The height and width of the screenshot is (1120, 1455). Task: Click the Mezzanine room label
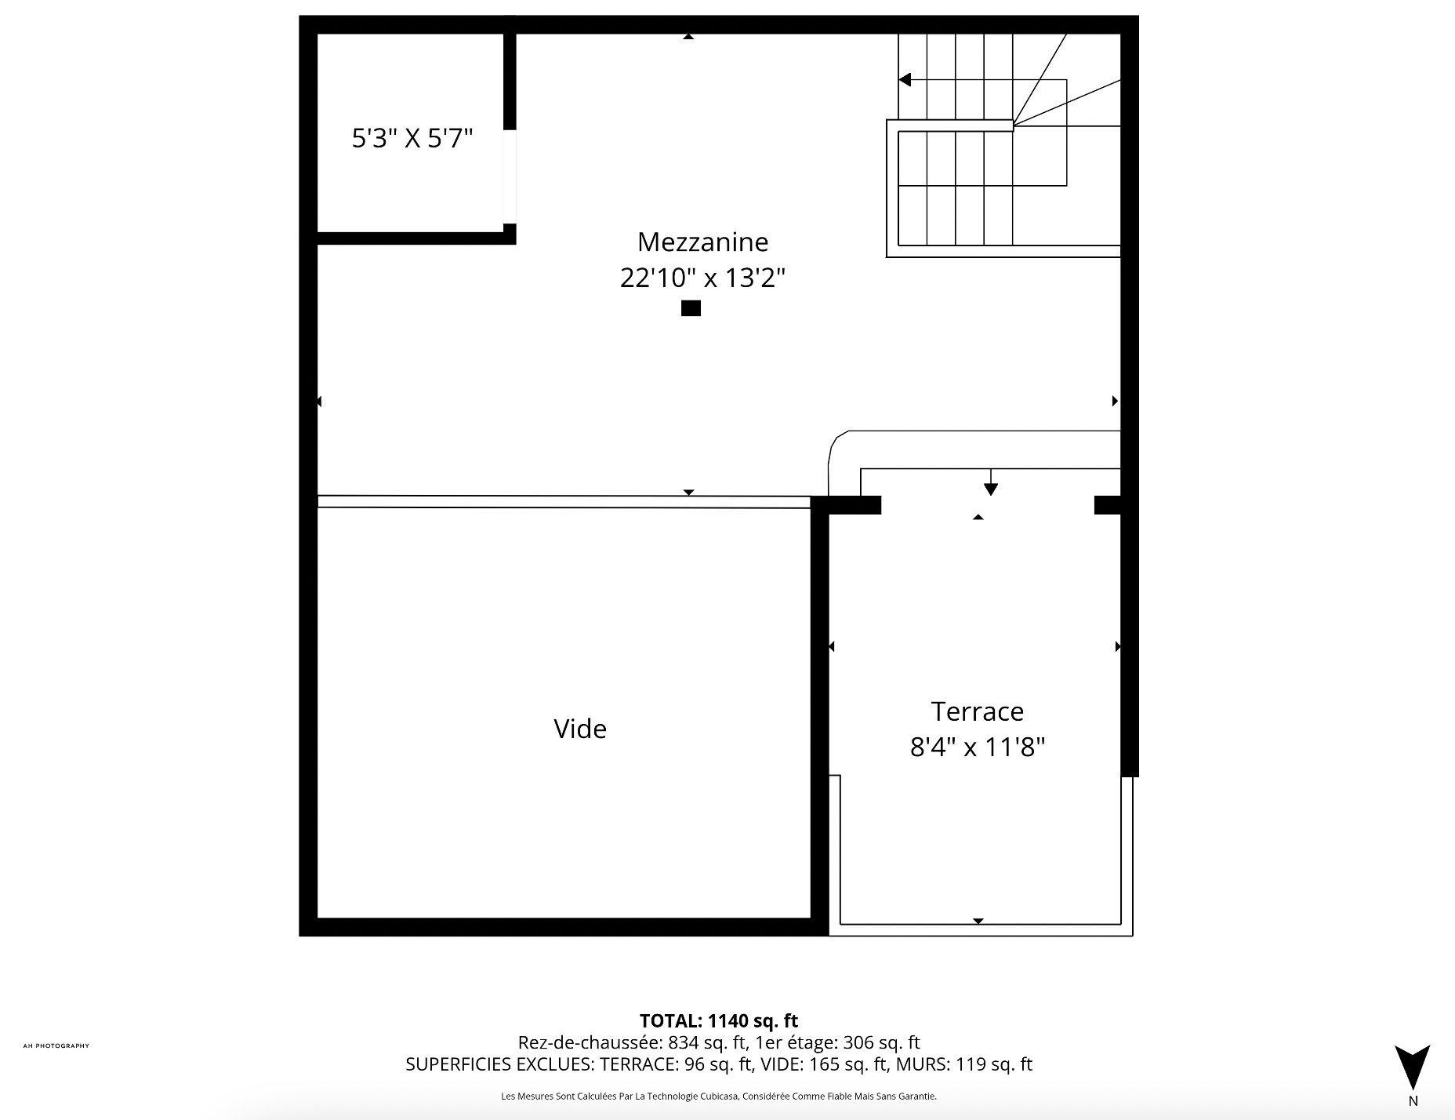click(x=702, y=242)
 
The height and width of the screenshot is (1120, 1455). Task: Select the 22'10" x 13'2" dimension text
click(x=702, y=278)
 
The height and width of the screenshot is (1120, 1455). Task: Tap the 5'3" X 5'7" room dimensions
click(x=412, y=139)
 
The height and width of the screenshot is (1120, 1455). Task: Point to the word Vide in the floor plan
click(x=580, y=729)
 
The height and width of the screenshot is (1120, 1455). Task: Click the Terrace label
click(x=978, y=711)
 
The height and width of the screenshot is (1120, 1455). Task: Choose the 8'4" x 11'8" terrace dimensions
click(x=978, y=747)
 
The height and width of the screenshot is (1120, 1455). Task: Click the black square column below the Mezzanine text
click(x=691, y=308)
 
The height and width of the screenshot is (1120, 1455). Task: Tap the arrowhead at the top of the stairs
click(x=905, y=79)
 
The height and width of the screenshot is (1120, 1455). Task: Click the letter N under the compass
click(x=1413, y=1101)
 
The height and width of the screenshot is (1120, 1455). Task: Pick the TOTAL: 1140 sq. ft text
click(x=719, y=1020)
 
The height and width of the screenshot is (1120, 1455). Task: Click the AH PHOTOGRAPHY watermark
click(x=56, y=1045)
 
